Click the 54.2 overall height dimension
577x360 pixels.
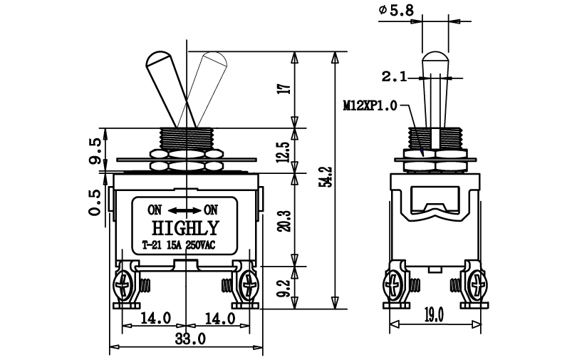click(328, 177)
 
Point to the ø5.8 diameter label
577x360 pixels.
click(396, 10)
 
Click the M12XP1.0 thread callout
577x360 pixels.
click(370, 106)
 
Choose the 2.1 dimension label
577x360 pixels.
click(394, 77)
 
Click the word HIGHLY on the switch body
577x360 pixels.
click(185, 228)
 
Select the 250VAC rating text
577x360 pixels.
click(201, 245)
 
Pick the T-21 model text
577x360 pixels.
click(152, 245)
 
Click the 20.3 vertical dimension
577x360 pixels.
click(285, 221)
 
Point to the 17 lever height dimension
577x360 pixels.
click(285, 89)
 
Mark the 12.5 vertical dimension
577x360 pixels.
click(285, 152)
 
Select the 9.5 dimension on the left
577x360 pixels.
click(94, 151)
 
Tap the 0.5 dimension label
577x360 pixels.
click(94, 202)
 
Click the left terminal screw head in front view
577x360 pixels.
click(122, 284)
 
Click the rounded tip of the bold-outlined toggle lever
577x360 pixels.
click(158, 57)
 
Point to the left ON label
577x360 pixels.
click(155, 210)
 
